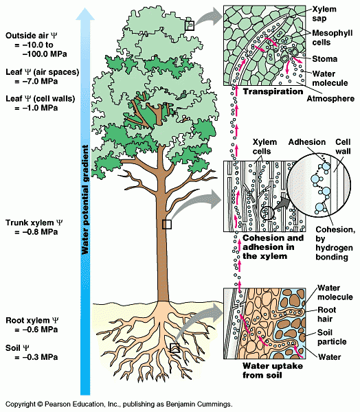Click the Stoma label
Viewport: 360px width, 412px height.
pos(324,59)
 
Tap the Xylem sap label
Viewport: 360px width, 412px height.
pos(324,14)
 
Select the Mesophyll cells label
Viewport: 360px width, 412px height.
pos(332,38)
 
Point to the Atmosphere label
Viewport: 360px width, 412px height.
pos(330,99)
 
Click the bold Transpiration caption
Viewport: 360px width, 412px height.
pos(273,91)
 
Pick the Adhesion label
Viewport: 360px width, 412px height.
pos(307,142)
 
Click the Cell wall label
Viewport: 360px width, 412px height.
pos(343,147)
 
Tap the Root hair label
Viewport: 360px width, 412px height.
pos(327,314)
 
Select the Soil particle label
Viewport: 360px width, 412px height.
pos(332,337)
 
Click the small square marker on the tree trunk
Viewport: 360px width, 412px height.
pos(167,225)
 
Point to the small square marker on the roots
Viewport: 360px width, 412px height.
pos(175,348)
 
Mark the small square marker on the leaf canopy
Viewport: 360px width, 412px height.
pos(190,26)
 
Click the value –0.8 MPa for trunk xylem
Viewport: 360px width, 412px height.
pos(36,232)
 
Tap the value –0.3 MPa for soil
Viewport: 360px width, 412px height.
pos(36,357)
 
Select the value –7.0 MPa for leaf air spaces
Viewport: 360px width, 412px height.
pos(36,82)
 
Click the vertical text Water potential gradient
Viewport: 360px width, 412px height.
pos(85,200)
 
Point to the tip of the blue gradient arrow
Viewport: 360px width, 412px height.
pos(85,8)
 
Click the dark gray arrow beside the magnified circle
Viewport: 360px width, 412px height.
pos(281,203)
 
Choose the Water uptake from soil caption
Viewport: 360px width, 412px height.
pos(273,371)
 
